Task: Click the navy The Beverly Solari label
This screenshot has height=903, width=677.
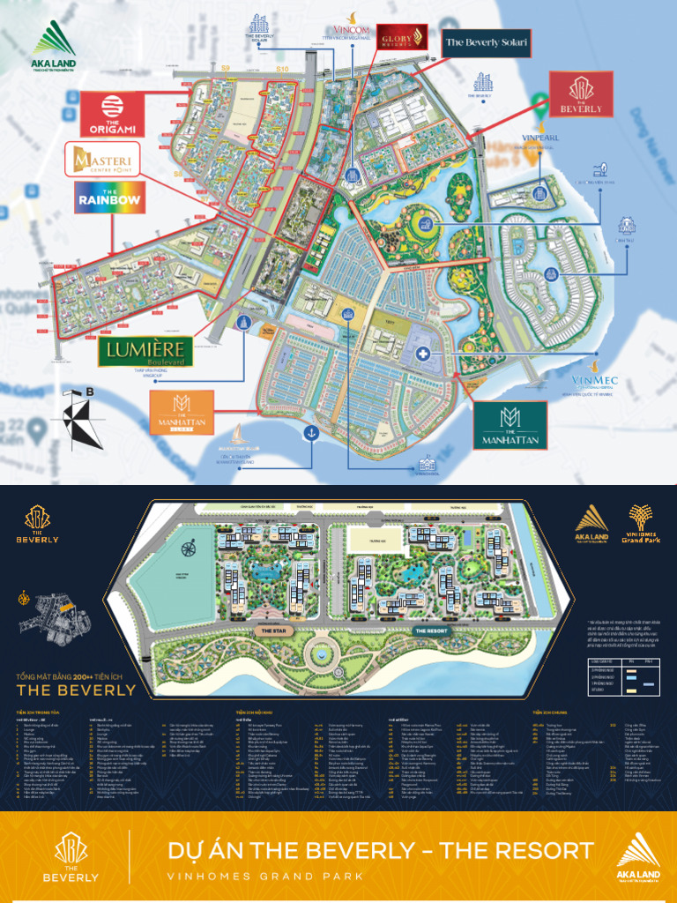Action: (x=486, y=42)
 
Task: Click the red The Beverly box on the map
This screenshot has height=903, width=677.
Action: (x=581, y=94)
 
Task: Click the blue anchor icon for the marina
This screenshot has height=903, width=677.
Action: (x=310, y=432)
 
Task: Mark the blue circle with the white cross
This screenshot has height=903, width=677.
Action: (x=424, y=354)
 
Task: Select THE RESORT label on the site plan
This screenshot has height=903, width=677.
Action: (x=432, y=631)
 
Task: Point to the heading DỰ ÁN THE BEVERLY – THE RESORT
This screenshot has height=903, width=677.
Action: (x=380, y=850)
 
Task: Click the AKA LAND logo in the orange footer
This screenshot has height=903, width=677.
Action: (x=637, y=856)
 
